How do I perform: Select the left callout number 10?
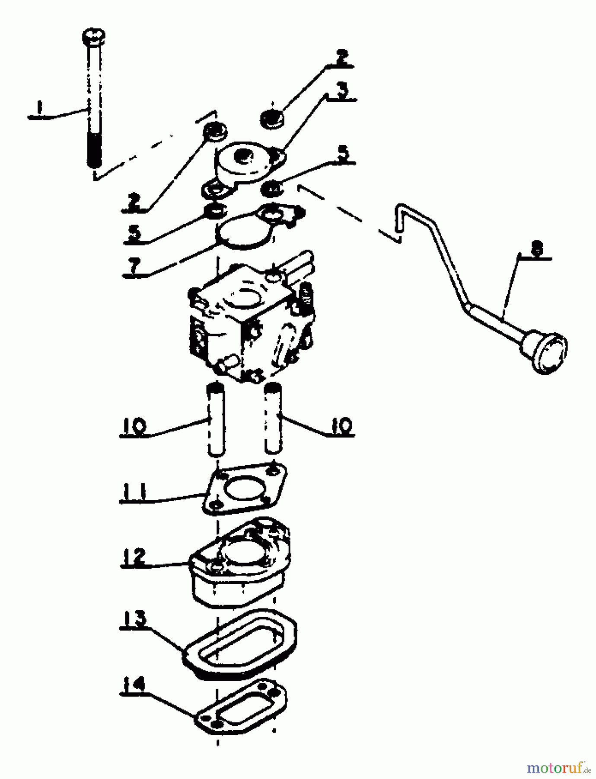tap(134, 426)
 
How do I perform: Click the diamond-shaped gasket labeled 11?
tap(244, 489)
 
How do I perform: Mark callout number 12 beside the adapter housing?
tap(134, 557)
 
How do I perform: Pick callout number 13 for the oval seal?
tap(134, 620)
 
